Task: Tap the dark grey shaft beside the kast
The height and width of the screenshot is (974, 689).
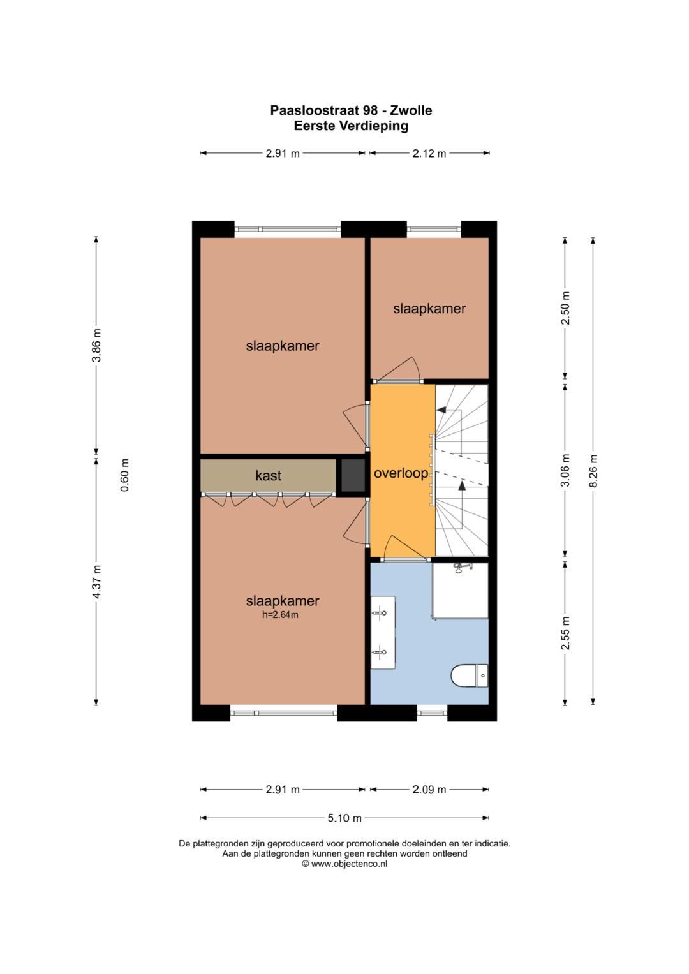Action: point(352,476)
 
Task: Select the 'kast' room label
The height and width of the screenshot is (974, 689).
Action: point(268,475)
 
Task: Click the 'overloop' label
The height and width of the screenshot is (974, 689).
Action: point(401,473)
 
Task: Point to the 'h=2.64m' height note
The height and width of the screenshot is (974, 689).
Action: point(280,615)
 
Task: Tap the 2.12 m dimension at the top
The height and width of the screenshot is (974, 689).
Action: point(429,153)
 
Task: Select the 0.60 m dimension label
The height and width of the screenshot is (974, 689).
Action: point(125,475)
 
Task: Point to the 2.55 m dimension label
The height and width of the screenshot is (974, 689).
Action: point(565,633)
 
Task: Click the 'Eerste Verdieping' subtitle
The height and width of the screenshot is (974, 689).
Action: point(351,126)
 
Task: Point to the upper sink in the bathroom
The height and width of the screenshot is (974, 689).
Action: point(382,613)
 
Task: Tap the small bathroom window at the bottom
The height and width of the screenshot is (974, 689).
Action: point(432,712)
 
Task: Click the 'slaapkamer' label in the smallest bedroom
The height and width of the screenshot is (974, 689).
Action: point(429,309)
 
